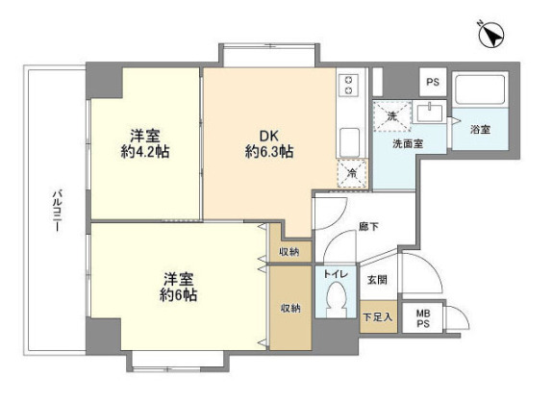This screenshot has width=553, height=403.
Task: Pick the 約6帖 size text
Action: [177, 295]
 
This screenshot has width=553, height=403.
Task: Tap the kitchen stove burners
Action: [350, 85]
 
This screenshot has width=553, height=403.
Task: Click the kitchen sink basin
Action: [350, 140]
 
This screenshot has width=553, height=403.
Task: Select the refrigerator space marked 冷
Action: [351, 174]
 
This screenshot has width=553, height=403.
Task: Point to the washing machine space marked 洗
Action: [391, 116]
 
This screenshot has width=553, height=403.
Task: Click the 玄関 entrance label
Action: [376, 281]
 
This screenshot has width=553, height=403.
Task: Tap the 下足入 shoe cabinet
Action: [376, 316]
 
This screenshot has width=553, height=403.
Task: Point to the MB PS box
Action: [423, 318]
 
